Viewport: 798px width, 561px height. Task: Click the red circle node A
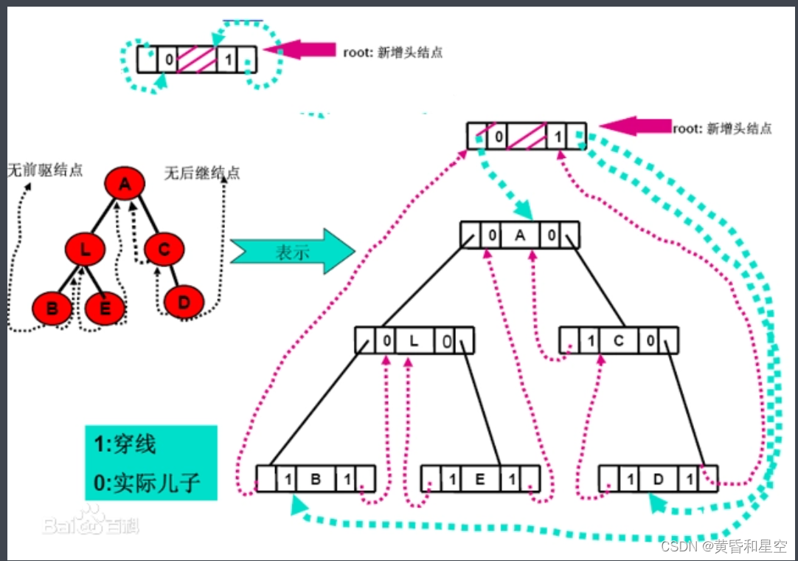click(125, 185)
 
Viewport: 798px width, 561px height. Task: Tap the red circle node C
click(164, 249)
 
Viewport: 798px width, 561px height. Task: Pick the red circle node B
click(52, 308)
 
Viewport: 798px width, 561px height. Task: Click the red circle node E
click(105, 308)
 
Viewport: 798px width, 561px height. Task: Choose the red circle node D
click(184, 301)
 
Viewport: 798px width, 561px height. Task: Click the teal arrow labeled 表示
click(291, 252)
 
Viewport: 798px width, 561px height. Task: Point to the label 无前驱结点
click(45, 171)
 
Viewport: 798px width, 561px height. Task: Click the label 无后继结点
click(202, 173)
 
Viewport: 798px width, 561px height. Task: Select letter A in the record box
click(521, 235)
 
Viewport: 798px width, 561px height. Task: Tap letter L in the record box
click(414, 341)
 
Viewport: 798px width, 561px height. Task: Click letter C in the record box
click(619, 341)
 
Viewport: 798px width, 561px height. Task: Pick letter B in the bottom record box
click(316, 479)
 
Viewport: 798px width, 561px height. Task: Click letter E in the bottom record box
click(480, 479)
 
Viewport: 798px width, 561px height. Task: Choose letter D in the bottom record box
click(658, 479)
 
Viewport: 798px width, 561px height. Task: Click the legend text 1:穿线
click(125, 445)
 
